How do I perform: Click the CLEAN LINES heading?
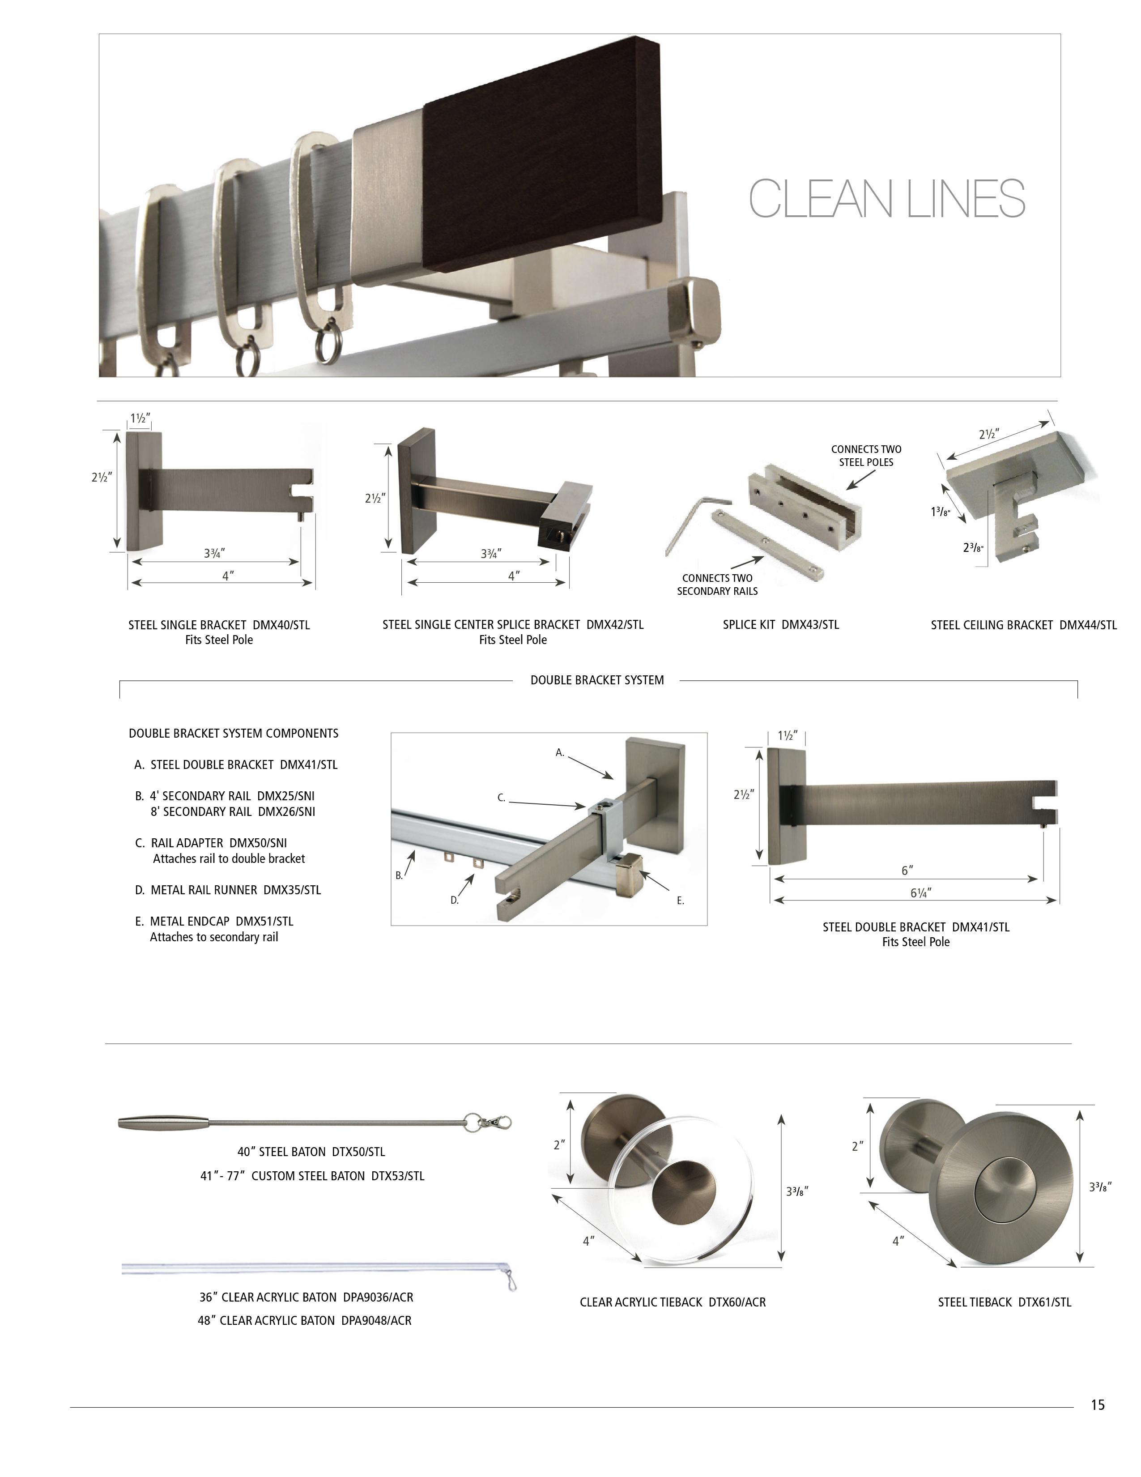[887, 198]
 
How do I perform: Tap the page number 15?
[1097, 1404]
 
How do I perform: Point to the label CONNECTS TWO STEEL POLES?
[866, 456]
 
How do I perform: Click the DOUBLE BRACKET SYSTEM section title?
[597, 680]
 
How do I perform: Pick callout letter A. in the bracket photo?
[560, 752]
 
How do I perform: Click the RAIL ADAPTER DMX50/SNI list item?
[219, 843]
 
